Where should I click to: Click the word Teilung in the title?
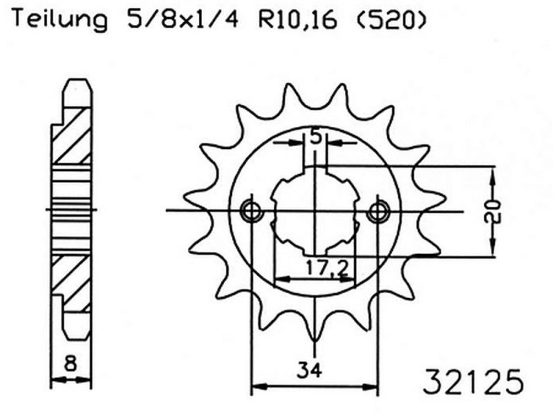tap(58, 20)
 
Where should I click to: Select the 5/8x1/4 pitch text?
tap(181, 20)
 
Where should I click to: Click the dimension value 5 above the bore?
tap(315, 137)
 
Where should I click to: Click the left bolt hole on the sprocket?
tap(250, 210)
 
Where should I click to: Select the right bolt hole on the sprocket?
tap(378, 210)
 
